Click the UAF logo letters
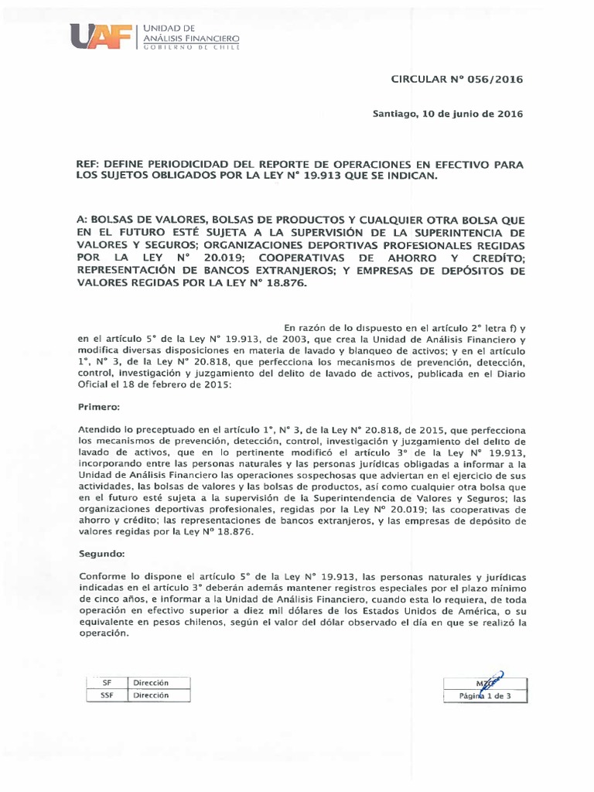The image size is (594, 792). click(x=101, y=36)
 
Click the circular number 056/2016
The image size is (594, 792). click(x=498, y=80)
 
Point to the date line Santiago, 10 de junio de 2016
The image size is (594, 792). click(x=448, y=114)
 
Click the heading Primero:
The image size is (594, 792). click(x=100, y=406)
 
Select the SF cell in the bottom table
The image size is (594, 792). click(x=108, y=682)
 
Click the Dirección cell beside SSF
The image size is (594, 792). click(x=150, y=695)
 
